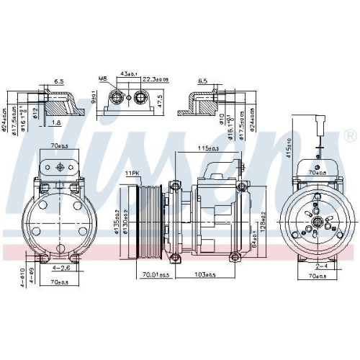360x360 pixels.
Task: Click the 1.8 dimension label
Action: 57,123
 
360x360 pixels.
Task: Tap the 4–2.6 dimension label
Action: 60,269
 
